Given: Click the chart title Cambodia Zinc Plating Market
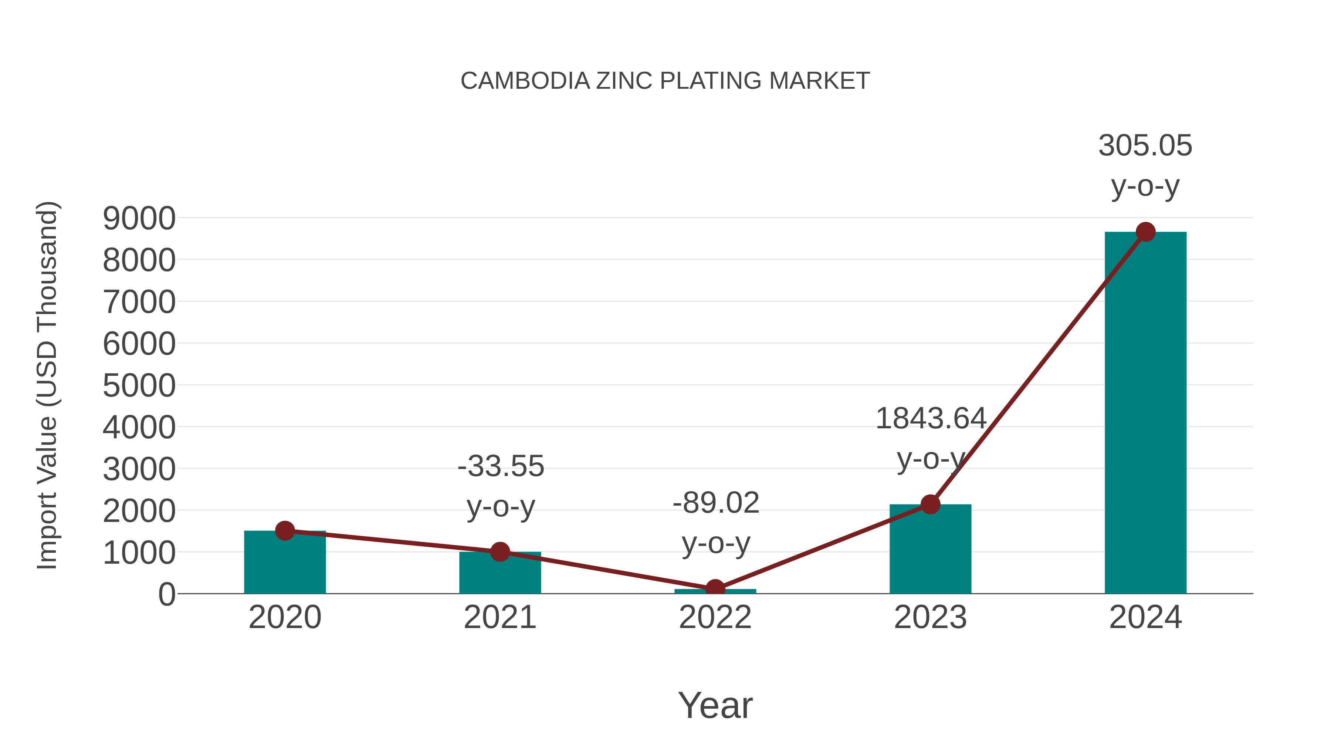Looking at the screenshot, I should [665, 81].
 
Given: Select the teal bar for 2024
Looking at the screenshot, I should [1145, 414].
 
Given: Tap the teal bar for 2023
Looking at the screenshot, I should [930, 550].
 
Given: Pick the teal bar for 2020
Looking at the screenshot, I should [285, 563].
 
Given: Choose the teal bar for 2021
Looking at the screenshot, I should [499, 574].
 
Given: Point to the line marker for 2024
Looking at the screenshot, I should [1145, 232].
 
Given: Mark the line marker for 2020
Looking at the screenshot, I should [285, 530].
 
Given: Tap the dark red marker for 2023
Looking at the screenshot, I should [930, 504].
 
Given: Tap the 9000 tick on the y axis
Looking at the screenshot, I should [139, 219].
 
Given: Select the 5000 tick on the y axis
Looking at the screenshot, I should [139, 386].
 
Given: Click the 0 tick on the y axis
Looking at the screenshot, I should [166, 594].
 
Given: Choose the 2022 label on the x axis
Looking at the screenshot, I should [715, 617].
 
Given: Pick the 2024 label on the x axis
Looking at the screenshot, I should [1145, 617].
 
